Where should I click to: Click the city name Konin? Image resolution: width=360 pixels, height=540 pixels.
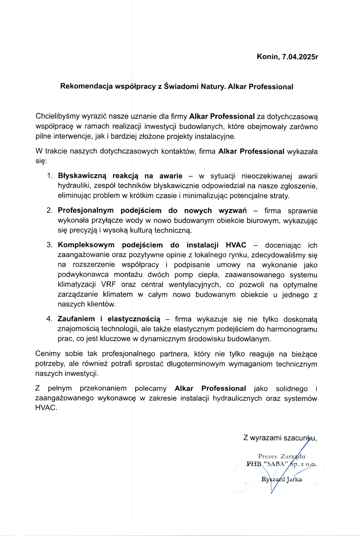(267, 57)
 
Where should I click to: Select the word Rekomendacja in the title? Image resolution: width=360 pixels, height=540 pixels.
(86, 86)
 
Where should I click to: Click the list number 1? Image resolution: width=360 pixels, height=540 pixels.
(50, 176)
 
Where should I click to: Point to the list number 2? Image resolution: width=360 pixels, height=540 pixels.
(49, 210)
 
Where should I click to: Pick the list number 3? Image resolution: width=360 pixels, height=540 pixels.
(49, 245)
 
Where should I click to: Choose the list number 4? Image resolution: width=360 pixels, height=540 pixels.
(49, 319)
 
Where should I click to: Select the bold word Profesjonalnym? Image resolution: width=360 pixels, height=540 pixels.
(85, 210)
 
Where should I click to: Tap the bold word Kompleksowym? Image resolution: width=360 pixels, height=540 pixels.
(86, 245)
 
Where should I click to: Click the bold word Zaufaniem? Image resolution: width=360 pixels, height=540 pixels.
(76, 319)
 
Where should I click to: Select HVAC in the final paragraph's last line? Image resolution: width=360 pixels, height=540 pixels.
(46, 408)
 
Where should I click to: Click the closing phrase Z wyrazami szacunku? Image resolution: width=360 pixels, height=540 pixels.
(280, 438)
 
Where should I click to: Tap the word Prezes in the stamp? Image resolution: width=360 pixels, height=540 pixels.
(267, 456)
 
